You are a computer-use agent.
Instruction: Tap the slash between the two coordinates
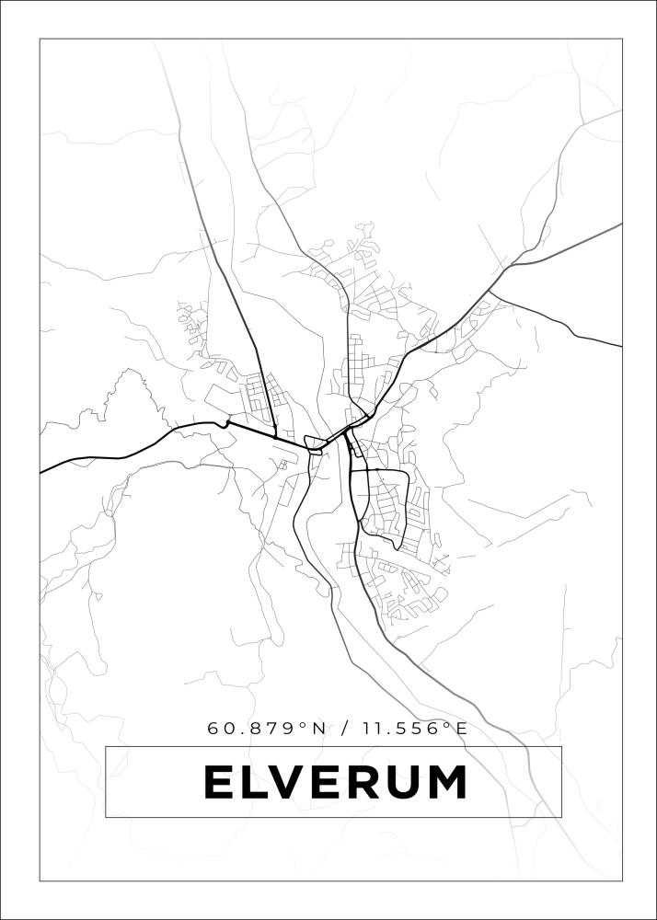point(344,729)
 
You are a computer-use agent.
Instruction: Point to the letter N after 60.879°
point(318,729)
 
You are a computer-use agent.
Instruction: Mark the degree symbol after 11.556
point(446,725)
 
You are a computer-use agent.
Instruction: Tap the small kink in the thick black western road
point(225,422)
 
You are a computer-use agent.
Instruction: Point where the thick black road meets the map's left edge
point(41,472)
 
